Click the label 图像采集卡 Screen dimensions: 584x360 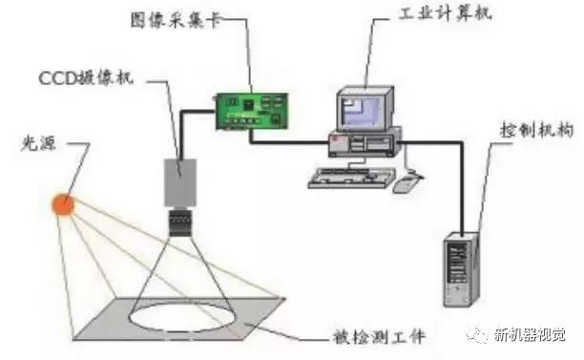[x=175, y=20]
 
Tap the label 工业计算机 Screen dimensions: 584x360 [x=445, y=13]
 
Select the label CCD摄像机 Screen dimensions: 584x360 [x=86, y=78]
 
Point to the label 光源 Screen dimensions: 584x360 [x=39, y=143]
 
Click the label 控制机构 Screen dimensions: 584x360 [x=536, y=130]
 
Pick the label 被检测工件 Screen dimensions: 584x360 [x=379, y=336]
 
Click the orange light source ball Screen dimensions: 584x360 [x=63, y=204]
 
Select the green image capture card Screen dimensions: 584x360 [x=252, y=112]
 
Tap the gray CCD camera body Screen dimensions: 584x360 [x=180, y=182]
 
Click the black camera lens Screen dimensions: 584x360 [x=180, y=222]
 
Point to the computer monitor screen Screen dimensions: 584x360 [x=361, y=111]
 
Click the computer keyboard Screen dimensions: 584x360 [x=351, y=178]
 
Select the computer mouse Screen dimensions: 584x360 [x=407, y=182]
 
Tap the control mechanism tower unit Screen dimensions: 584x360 [x=461, y=269]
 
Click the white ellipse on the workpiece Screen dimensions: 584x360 [x=181, y=317]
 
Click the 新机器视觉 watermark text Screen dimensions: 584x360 [x=530, y=334]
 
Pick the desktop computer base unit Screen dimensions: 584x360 [x=365, y=142]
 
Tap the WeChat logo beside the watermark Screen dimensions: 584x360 [x=478, y=335]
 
